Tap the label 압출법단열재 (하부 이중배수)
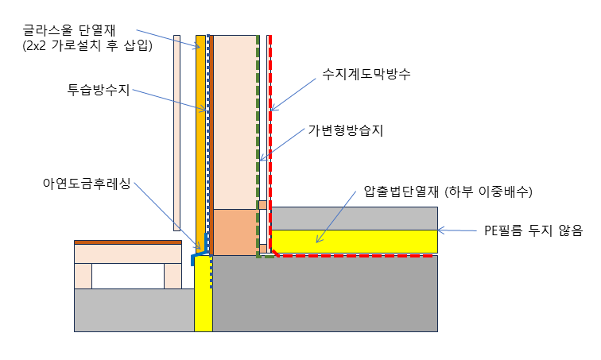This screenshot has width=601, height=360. (448, 192)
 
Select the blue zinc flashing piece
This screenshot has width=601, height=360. (200, 252)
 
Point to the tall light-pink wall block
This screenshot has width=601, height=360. (235, 119)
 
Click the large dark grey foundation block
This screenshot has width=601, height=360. (326, 294)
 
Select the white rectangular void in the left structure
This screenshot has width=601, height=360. (128, 276)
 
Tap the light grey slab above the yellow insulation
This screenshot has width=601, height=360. (354, 218)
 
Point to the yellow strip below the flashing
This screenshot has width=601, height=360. (204, 302)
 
